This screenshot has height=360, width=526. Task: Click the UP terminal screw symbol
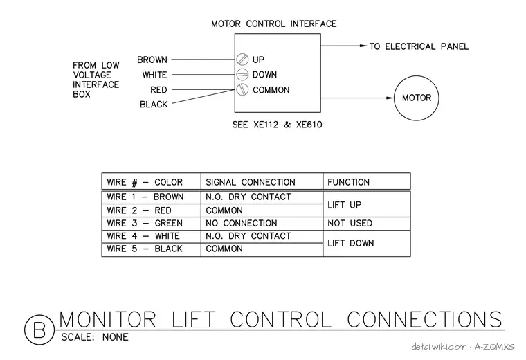coord(242,60)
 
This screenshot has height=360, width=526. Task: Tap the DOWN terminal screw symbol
coord(242,75)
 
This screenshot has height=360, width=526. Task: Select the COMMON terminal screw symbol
coord(242,89)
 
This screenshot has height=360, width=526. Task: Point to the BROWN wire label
coord(152,60)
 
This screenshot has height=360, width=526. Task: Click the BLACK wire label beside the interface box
coord(154,105)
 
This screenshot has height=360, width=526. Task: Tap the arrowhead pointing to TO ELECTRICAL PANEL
coord(363,46)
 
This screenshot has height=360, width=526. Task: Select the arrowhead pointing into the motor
coord(390,98)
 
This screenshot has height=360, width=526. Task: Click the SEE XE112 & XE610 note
coord(277,125)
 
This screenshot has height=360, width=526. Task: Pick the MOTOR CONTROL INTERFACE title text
coord(274,24)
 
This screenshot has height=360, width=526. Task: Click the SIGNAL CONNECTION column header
coord(251,182)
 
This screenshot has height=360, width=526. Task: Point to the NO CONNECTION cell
coord(241,223)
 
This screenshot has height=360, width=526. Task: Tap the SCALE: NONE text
coord(95,337)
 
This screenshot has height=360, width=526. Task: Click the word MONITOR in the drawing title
coord(108,319)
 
